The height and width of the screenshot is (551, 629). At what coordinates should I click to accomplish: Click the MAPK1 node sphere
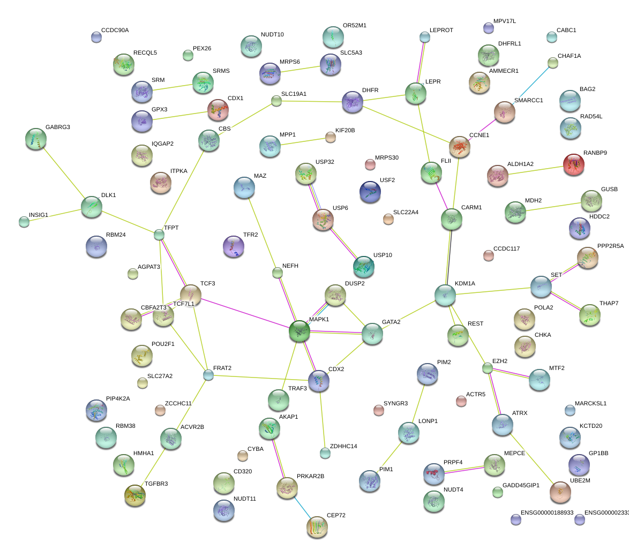(x=299, y=331)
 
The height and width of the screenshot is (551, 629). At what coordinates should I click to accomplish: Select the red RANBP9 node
(x=574, y=164)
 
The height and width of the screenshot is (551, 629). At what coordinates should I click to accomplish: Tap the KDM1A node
(x=445, y=295)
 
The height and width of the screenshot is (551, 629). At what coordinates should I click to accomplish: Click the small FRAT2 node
(x=208, y=375)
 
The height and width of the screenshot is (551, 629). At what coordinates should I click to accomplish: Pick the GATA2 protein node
(x=372, y=334)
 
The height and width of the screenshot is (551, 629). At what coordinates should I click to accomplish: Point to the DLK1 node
(x=92, y=207)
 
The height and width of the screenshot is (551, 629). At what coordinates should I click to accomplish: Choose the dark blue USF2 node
(x=370, y=192)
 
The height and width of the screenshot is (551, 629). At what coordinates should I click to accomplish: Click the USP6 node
(x=323, y=219)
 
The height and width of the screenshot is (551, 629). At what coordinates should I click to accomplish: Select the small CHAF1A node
(x=553, y=63)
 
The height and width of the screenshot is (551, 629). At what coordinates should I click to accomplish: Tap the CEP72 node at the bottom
(x=317, y=527)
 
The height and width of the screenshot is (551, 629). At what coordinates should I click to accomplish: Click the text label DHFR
(x=370, y=90)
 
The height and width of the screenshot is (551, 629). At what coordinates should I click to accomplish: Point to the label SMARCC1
(x=528, y=100)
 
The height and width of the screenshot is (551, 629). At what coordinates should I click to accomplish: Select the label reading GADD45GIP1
(x=521, y=485)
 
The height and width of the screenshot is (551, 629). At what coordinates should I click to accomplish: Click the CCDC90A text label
(x=115, y=30)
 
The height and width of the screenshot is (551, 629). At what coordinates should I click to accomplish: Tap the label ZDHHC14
(x=343, y=446)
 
